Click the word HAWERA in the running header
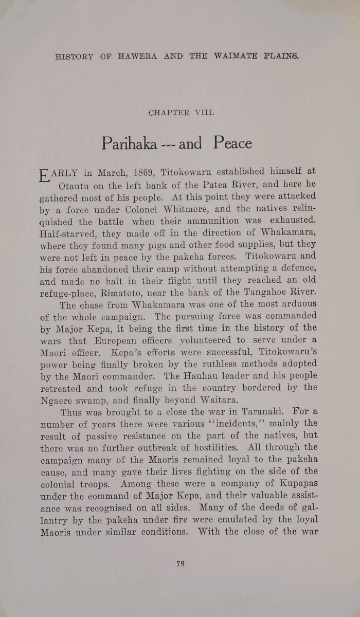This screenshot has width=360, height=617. [137, 57]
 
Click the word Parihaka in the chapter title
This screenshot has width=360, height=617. [129, 143]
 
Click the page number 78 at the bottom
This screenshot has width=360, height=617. [180, 564]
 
